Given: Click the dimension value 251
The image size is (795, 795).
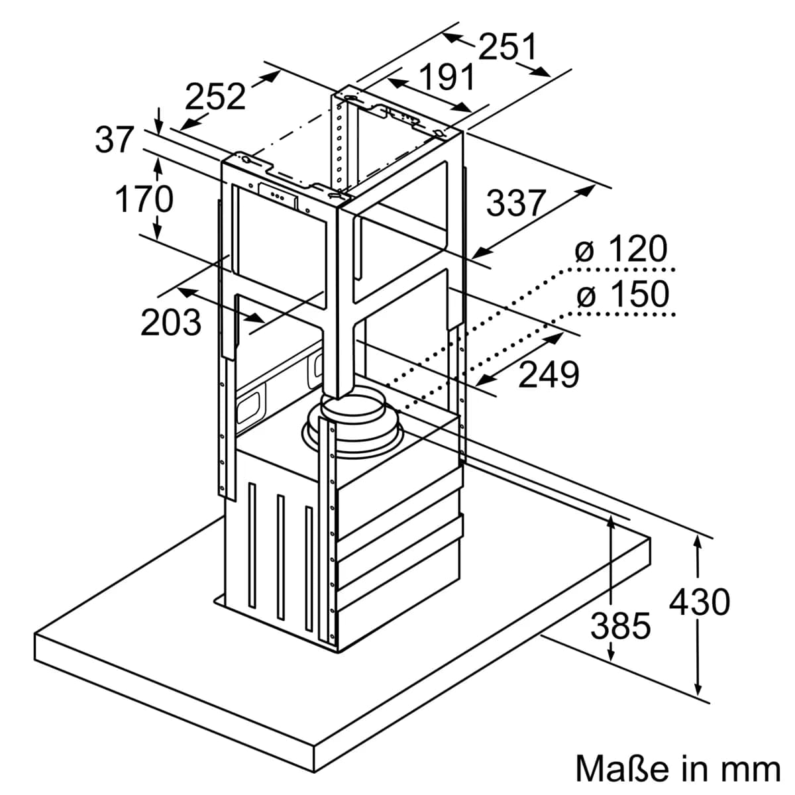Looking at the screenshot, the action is (508, 47).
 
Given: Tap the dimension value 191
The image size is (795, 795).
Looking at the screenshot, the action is (447, 77).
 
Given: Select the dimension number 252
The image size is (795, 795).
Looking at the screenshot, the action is (215, 97).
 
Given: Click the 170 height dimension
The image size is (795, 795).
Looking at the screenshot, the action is (144, 199).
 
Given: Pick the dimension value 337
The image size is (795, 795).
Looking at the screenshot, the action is (516, 203).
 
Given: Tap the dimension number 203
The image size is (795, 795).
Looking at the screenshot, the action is (171, 322).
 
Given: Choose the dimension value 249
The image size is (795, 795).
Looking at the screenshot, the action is (549, 374).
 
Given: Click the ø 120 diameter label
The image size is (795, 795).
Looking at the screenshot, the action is (621, 249).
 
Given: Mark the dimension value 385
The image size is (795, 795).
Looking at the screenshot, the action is (621, 625).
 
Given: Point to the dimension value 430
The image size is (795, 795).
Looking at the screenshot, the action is (700, 602).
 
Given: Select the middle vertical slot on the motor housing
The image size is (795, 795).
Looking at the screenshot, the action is (280, 556).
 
